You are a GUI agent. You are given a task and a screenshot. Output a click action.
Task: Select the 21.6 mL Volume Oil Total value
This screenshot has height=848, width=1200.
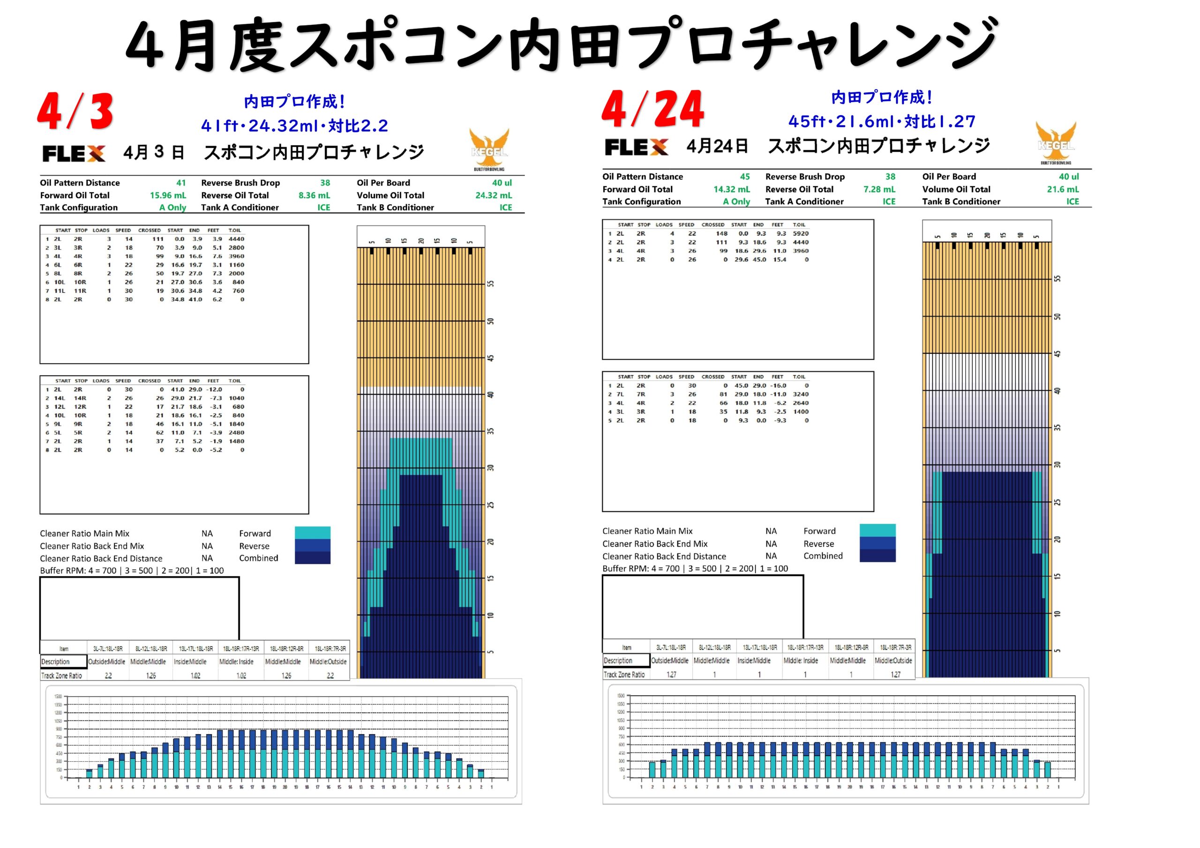point(1063,189)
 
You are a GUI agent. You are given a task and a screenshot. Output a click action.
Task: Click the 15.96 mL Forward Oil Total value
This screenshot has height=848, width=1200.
point(168,195)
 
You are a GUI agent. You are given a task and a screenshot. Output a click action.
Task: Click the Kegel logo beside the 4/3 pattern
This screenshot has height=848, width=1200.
point(489,149)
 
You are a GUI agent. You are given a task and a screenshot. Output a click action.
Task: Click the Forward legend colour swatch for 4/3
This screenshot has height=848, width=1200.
point(312,532)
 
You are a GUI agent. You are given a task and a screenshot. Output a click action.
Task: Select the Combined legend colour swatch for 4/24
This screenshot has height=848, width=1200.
point(877,555)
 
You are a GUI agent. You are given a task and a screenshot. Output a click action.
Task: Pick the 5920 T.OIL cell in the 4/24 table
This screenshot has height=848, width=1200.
point(800,234)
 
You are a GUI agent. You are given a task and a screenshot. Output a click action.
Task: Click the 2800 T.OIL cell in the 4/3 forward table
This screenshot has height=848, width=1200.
point(236,248)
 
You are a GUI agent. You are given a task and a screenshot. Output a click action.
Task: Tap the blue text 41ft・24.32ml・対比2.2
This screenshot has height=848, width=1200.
point(294,126)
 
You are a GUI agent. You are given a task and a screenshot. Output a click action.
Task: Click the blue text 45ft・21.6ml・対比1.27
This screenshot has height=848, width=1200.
point(882,122)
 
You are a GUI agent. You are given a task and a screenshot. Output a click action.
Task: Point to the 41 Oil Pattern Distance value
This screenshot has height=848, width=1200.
point(181,183)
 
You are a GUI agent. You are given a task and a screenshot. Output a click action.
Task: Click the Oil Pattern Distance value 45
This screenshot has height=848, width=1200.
point(745,177)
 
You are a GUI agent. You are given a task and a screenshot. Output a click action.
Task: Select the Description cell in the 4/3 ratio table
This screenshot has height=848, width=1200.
point(63,662)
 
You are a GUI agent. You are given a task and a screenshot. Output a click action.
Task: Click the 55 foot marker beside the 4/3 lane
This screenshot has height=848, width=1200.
point(491,284)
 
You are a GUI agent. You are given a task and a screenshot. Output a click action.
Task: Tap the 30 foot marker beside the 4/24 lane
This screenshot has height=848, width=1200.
point(1057,464)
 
